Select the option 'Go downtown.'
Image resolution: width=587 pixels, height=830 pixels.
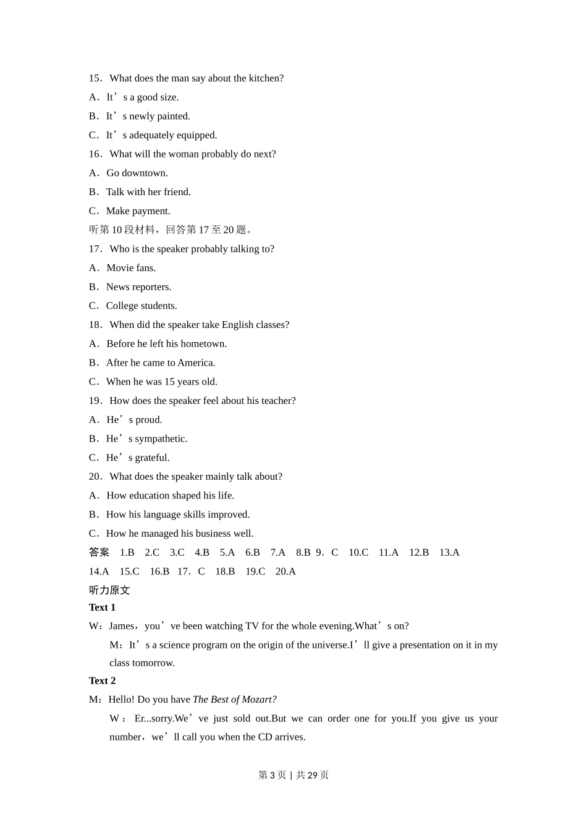point(137,173)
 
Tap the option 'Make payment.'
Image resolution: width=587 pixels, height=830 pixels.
point(138,211)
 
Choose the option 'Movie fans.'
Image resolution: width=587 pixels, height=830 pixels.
point(131,268)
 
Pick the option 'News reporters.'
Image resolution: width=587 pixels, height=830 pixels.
point(138,287)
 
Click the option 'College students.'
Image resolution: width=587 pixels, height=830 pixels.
point(141,306)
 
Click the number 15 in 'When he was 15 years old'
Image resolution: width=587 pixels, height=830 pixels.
point(169,382)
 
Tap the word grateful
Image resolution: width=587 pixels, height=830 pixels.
point(152,458)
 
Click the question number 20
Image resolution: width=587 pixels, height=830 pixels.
point(95,477)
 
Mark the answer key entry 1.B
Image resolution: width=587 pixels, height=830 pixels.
point(127,553)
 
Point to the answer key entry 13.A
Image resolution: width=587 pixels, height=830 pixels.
point(449,553)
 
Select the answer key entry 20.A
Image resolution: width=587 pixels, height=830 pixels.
point(285,572)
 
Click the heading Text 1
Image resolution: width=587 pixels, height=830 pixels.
point(102,608)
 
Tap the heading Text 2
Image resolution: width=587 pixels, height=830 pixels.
point(102,681)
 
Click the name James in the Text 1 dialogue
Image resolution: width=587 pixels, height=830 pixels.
point(121,626)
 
